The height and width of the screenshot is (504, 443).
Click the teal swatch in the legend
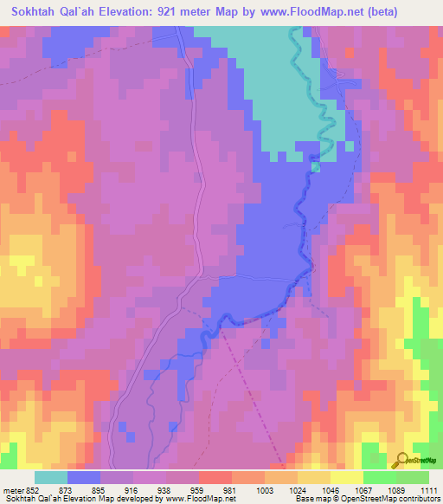[x=51, y=477]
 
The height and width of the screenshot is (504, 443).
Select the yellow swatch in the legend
[x=346, y=477]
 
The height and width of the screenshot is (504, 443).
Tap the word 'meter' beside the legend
[x=13, y=489]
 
